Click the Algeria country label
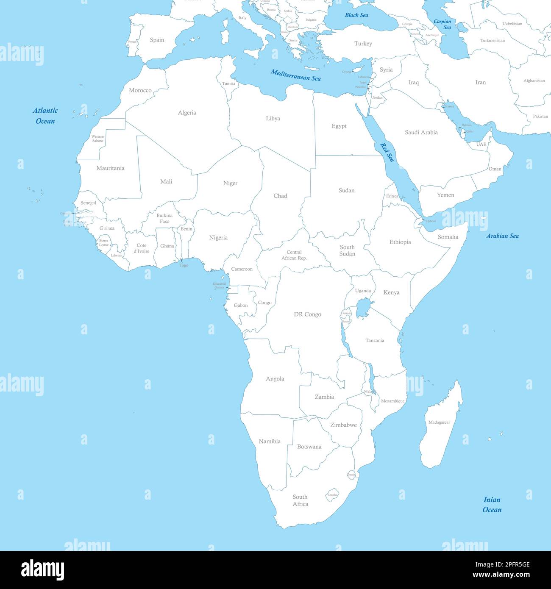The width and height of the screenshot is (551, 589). (187, 113)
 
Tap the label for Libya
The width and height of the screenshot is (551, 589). (273, 119)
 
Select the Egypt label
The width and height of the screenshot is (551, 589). (339, 126)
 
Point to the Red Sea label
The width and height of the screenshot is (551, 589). (387, 152)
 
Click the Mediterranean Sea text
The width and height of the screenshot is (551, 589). (296, 75)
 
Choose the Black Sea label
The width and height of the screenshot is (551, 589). (356, 15)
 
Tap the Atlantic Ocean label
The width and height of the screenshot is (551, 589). (45, 116)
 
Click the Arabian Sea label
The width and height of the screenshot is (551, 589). (502, 236)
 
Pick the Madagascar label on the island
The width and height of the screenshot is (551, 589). (439, 422)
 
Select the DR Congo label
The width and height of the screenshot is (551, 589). (308, 314)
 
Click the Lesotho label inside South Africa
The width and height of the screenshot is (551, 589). (333, 495)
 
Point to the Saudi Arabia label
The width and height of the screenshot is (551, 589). (421, 133)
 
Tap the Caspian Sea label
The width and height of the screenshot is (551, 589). (442, 24)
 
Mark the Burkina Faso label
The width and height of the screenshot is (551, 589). (164, 218)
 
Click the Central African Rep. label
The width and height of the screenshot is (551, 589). (294, 255)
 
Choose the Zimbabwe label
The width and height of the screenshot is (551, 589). (343, 425)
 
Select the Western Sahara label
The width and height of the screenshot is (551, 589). (97, 139)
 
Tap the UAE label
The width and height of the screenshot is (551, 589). (481, 144)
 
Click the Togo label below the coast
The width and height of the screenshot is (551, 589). (184, 266)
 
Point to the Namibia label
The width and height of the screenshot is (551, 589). (270, 442)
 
